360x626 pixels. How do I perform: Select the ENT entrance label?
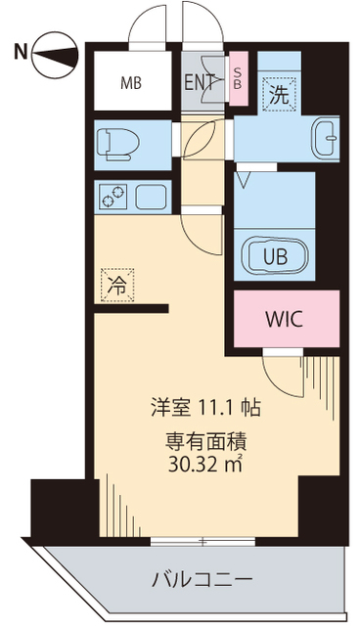[x=202, y=82]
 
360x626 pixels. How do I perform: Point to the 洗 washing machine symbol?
[x=278, y=95]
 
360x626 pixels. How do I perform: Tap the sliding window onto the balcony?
[x=202, y=541]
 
